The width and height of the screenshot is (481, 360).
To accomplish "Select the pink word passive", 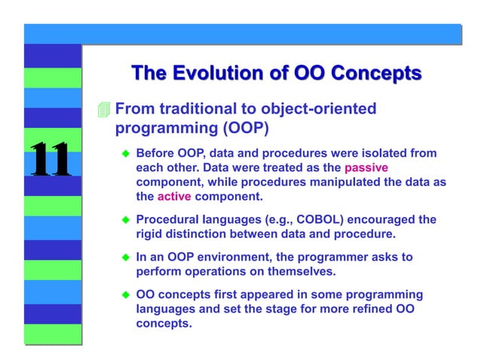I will (366, 167).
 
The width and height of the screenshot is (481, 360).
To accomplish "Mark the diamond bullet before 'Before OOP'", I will (126, 154).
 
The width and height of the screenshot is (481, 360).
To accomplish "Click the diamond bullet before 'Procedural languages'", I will (126, 221).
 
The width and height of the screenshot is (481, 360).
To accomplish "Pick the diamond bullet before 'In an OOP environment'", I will (126, 258).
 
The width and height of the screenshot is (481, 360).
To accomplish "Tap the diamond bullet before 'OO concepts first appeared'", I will (126, 294).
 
